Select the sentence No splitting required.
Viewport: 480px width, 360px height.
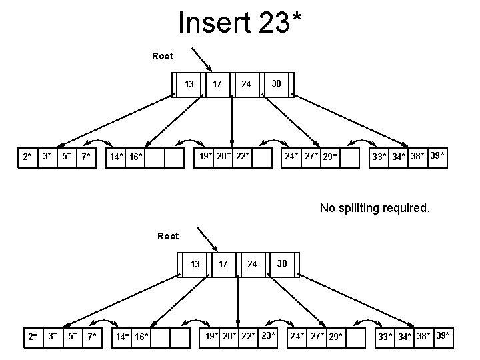point(375,208)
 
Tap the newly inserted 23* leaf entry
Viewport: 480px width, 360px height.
point(267,335)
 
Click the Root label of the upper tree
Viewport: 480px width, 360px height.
point(163,56)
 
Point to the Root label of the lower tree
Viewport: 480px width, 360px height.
point(168,236)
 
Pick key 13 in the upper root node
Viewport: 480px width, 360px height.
point(189,84)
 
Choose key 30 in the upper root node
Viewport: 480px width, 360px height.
point(275,83)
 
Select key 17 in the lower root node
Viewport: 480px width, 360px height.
point(223,264)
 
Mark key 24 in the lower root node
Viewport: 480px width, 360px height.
point(251,264)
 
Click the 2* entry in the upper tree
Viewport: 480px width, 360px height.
point(26,157)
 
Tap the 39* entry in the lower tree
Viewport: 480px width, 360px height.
point(442,335)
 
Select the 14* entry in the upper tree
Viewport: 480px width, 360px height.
point(117,157)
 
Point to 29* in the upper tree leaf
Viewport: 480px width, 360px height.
point(329,157)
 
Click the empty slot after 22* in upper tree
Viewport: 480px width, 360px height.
point(263,157)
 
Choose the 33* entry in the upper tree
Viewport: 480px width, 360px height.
point(379,157)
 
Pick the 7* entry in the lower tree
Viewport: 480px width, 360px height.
point(93,337)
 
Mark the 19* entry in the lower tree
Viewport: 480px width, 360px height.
point(212,336)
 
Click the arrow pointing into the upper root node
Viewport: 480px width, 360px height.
point(201,58)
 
